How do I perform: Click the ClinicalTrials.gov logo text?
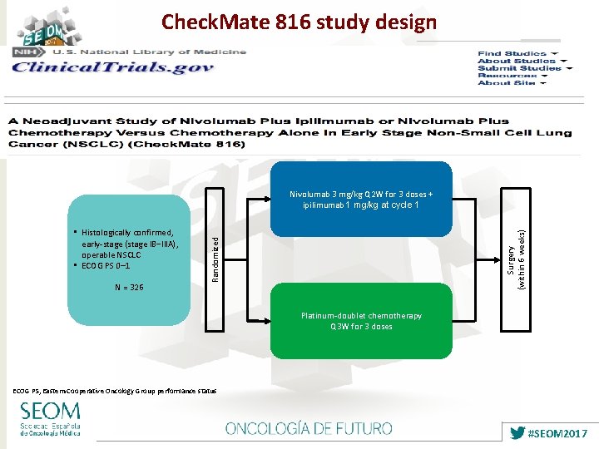pyautogui.click(x=112, y=68)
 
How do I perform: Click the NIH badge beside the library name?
pyautogui.click(x=22, y=52)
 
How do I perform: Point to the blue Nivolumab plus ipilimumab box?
pyautogui.click(x=361, y=200)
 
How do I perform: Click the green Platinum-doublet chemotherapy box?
pyautogui.click(x=361, y=321)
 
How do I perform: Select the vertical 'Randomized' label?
pyautogui.click(x=215, y=257)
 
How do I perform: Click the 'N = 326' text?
pyautogui.click(x=128, y=288)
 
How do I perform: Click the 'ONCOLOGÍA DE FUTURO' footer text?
pyautogui.click(x=309, y=429)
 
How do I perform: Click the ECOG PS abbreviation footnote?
pyautogui.click(x=115, y=390)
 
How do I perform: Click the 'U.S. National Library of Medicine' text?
pyautogui.click(x=150, y=52)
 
